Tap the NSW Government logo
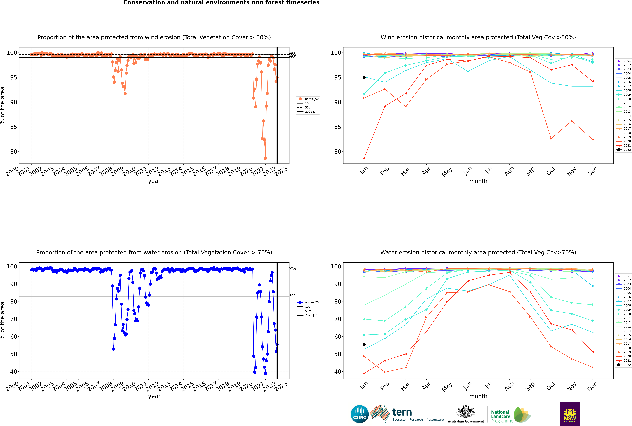(570, 414)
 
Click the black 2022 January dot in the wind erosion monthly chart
(364, 77)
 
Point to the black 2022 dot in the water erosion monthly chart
(364, 344)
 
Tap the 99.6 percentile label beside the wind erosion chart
(292, 54)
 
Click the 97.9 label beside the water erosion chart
(292, 269)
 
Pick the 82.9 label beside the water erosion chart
(292, 295)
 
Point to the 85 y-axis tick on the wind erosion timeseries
(14, 127)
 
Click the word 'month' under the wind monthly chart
(478, 181)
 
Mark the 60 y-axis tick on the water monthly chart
(337, 336)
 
